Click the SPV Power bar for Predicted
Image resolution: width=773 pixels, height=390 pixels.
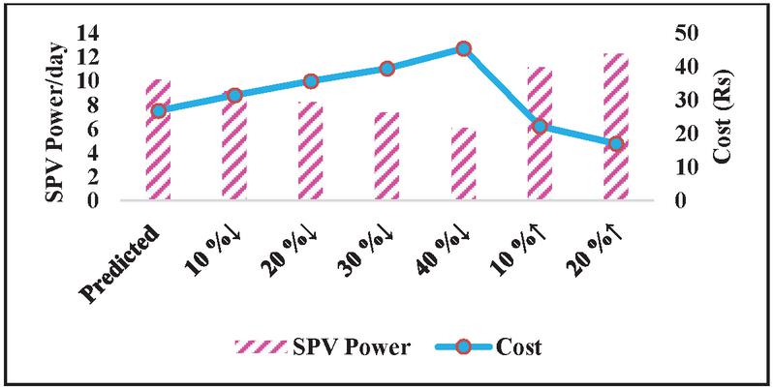tap(158, 141)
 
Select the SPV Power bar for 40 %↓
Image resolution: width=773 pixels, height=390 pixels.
tap(463, 165)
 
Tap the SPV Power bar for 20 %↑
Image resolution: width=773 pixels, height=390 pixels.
tap(616, 128)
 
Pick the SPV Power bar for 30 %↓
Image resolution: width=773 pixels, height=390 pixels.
tap(386, 157)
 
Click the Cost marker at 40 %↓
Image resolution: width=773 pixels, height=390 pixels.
tap(464, 48)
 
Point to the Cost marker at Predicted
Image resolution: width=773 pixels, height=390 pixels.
tap(159, 110)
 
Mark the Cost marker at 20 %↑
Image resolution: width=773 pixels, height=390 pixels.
tap(616, 143)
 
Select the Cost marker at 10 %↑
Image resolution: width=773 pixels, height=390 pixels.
tap(540, 126)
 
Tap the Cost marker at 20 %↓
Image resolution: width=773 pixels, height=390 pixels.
tap(311, 81)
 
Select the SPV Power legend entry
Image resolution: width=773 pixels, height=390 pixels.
tap(325, 346)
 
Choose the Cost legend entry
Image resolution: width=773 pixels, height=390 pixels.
tap(492, 346)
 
